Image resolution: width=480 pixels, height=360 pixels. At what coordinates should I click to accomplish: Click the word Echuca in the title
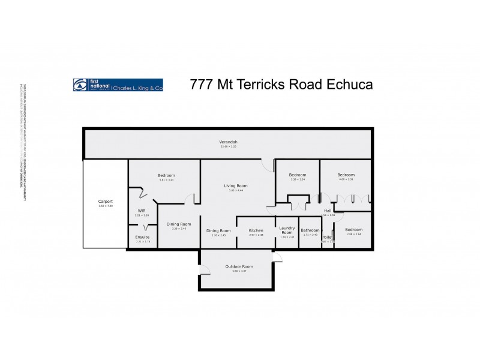(x=349, y=85)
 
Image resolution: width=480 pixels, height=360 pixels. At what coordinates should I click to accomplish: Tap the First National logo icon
(x=80, y=85)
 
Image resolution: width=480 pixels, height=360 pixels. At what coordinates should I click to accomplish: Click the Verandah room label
(x=229, y=142)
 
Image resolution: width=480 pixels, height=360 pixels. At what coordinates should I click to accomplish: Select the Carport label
(x=106, y=201)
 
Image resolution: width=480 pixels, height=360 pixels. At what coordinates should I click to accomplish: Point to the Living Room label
(x=236, y=186)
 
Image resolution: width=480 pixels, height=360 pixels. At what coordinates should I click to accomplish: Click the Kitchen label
(x=256, y=230)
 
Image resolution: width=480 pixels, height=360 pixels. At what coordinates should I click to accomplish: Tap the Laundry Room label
(x=287, y=230)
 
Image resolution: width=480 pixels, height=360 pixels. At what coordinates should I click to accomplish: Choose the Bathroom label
(x=310, y=230)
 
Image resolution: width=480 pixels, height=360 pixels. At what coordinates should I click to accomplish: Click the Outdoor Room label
(x=239, y=266)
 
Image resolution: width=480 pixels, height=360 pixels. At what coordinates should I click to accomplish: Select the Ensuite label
(x=142, y=237)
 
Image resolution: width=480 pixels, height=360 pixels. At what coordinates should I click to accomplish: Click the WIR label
(x=142, y=211)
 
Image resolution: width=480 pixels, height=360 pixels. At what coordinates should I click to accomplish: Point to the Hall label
(x=328, y=211)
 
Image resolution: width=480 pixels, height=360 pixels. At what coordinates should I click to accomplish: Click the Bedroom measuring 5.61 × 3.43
(x=166, y=175)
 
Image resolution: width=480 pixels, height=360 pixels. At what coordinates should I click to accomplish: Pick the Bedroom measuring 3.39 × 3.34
(x=298, y=175)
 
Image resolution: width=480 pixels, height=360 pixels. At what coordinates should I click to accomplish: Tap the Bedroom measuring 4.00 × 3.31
(x=346, y=175)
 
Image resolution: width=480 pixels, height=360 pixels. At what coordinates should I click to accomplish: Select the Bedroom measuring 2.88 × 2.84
(x=353, y=230)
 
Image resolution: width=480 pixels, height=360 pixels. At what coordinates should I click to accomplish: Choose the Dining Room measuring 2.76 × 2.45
(x=218, y=230)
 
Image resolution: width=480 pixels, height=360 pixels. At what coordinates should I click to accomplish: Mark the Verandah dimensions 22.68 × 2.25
(x=229, y=146)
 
